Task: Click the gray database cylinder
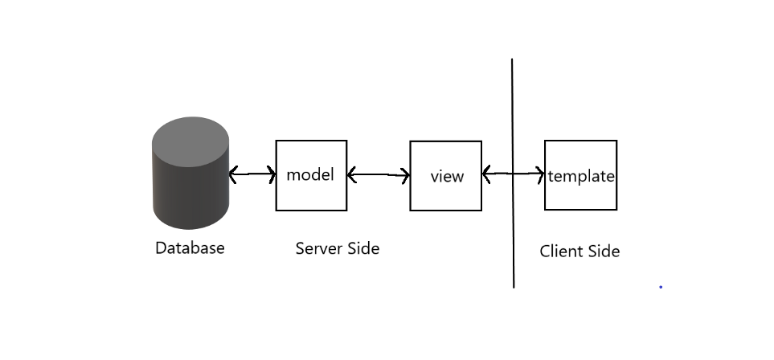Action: (190, 181)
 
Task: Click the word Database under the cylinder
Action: (190, 247)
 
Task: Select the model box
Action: (311, 197)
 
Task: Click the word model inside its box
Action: (310, 174)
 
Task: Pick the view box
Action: (446, 197)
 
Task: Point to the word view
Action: (447, 176)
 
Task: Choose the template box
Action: (580, 197)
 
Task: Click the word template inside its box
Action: (581, 176)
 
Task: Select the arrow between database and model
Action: (252, 174)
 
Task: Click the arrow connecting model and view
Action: (379, 174)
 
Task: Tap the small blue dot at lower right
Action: (661, 287)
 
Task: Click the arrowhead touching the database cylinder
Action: (233, 174)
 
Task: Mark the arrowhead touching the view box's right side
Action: (486, 173)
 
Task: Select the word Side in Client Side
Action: (603, 252)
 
